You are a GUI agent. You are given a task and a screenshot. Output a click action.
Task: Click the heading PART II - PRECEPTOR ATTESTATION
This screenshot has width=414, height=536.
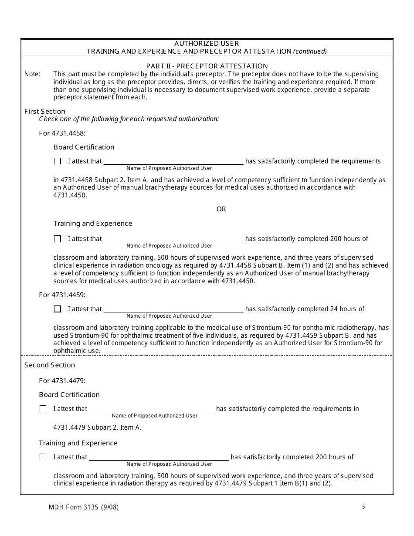207,66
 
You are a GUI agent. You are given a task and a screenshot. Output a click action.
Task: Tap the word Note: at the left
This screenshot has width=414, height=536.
32,74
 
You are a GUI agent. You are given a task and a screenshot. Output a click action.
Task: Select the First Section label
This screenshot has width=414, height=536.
44,111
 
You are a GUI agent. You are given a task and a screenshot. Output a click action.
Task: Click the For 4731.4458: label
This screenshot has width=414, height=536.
62,133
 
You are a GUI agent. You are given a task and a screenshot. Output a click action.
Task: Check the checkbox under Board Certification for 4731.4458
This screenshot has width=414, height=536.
58,161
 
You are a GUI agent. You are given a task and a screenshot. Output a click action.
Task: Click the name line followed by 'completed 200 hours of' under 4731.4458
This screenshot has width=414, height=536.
173,239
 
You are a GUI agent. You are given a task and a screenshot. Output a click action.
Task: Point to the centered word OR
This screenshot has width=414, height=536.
221,209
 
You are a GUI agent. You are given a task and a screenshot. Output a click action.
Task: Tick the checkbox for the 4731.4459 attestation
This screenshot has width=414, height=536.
58,309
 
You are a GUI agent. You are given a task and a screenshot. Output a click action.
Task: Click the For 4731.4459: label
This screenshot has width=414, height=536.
62,295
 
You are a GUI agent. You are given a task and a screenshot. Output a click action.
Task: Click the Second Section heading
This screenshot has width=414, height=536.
50,365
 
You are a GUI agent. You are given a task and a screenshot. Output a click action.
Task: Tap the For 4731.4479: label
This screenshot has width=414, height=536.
62,380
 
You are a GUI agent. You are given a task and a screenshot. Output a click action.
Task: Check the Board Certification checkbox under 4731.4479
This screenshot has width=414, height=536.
43,409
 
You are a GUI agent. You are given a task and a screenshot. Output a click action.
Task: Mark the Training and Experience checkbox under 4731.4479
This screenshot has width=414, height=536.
43,457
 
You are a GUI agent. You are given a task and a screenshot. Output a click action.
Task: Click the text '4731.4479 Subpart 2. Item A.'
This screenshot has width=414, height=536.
97,427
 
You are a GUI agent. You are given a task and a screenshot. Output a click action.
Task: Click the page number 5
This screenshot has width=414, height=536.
363,506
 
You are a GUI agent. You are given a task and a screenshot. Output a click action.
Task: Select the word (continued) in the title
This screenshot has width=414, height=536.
310,51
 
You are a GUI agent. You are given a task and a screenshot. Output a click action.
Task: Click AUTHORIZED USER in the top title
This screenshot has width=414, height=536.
207,44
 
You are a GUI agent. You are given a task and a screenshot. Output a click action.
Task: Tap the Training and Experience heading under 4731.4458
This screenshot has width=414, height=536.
93,224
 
